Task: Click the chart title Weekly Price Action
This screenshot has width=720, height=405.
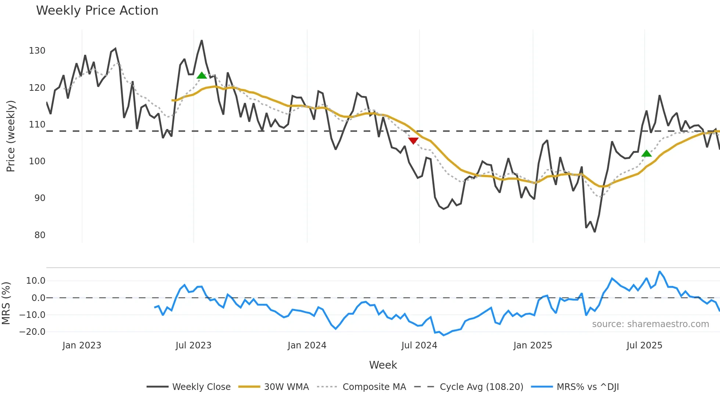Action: pos(97,10)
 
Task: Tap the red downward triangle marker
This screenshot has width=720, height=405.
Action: pos(413,141)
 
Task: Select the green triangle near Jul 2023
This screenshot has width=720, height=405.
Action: pos(202,76)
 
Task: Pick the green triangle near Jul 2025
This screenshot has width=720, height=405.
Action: pos(647,154)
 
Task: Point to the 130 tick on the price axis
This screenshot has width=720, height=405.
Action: pos(37,51)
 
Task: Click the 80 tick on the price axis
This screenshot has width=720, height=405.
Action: pos(40,235)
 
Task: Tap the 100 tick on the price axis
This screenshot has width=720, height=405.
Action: pos(37,161)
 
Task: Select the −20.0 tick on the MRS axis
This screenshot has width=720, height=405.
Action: pos(32,332)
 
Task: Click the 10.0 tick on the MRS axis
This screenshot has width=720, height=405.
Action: pos(36,281)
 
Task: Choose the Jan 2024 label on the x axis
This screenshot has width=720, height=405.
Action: pos(307,345)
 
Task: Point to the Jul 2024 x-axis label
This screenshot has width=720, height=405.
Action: pos(419,345)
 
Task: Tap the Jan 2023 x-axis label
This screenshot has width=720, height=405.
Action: pos(82,345)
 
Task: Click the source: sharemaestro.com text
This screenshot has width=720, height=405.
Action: pos(650,324)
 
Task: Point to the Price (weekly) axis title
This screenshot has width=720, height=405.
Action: pos(11,136)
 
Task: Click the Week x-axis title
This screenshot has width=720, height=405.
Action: pos(383,365)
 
